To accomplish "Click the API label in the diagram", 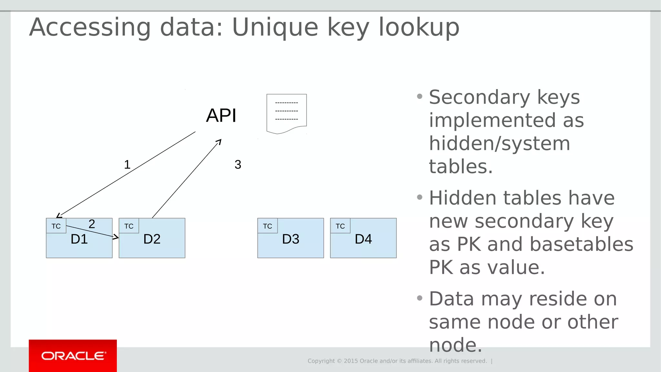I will (221, 116).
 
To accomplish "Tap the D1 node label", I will (79, 239).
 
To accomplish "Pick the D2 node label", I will (152, 239).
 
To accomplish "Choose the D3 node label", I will (290, 239).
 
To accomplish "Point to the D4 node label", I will (363, 239).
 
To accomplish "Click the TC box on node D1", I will (56, 226).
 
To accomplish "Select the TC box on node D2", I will (129, 226).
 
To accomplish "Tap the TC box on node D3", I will (268, 226).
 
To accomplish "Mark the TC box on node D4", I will (340, 226).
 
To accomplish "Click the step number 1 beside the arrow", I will (127, 165).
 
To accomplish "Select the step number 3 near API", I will (238, 165).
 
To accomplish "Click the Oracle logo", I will (73, 356).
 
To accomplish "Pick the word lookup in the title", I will (419, 27).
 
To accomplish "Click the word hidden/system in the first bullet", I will (499, 143).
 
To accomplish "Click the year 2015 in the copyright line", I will (351, 361).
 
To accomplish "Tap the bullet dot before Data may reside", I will (420, 298).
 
